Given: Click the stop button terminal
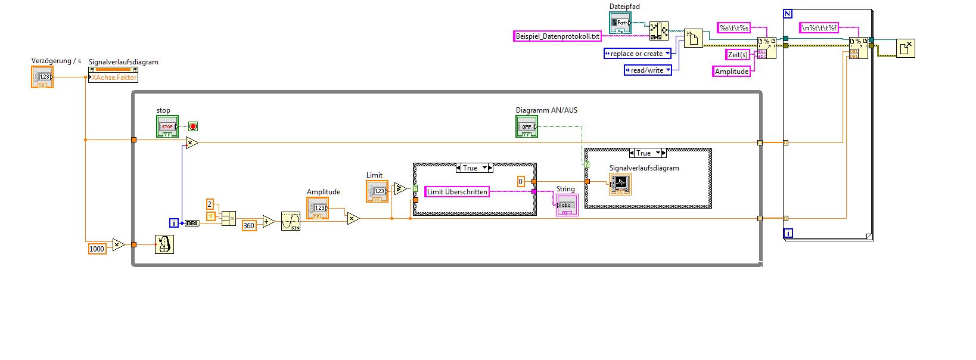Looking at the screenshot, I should (x=167, y=126).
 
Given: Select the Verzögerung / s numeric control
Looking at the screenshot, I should (x=42, y=77).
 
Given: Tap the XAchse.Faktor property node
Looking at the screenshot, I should (x=113, y=77).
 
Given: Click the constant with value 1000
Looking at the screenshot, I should (x=97, y=249).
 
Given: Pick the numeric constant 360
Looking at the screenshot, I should (x=249, y=225).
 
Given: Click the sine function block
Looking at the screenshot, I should (x=291, y=221).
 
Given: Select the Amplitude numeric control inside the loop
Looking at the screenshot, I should (x=318, y=208).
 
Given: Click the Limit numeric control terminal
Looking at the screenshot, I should (x=377, y=191).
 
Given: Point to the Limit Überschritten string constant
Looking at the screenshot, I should (x=457, y=191).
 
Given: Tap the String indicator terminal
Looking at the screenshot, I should (x=567, y=206).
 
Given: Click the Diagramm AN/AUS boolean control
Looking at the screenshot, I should (x=527, y=126).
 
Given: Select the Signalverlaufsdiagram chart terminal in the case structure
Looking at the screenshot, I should (x=620, y=184).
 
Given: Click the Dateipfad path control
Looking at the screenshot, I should (x=620, y=23).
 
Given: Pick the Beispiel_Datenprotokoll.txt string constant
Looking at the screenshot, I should (x=558, y=36).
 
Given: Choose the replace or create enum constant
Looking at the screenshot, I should (x=637, y=54).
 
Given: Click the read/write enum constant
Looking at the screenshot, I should (x=647, y=70).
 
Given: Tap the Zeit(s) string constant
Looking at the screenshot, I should (x=738, y=55).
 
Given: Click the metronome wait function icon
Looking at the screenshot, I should (x=164, y=244).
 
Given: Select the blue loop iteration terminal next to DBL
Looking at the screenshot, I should (x=174, y=223).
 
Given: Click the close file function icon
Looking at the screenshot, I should (x=905, y=48).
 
